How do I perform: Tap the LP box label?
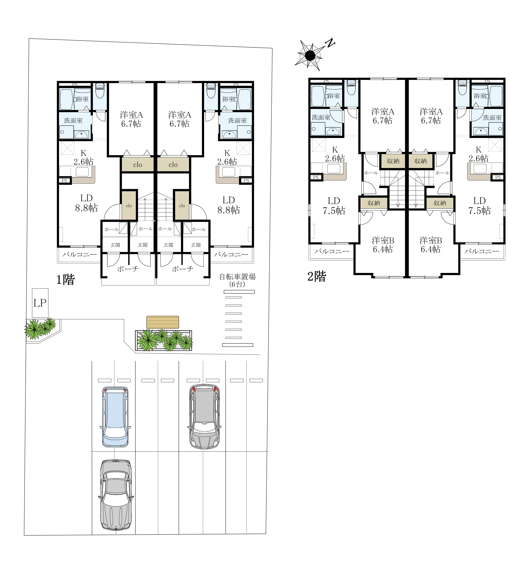tap(40, 303)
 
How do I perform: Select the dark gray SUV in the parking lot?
tap(204, 416)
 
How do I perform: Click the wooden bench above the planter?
tap(163, 322)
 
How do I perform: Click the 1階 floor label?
tap(65, 280)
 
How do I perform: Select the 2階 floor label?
tap(317, 276)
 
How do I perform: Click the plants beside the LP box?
tap(41, 329)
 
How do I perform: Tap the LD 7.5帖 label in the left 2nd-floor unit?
tap(334, 206)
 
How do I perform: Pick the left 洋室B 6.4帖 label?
tap(383, 245)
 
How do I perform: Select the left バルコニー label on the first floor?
tap(80, 254)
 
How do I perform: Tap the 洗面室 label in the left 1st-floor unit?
tap(73, 120)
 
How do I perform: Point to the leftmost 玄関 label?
tap(115, 245)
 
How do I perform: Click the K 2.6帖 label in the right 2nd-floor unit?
tap(479, 154)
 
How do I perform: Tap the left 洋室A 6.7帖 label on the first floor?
tap(131, 119)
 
